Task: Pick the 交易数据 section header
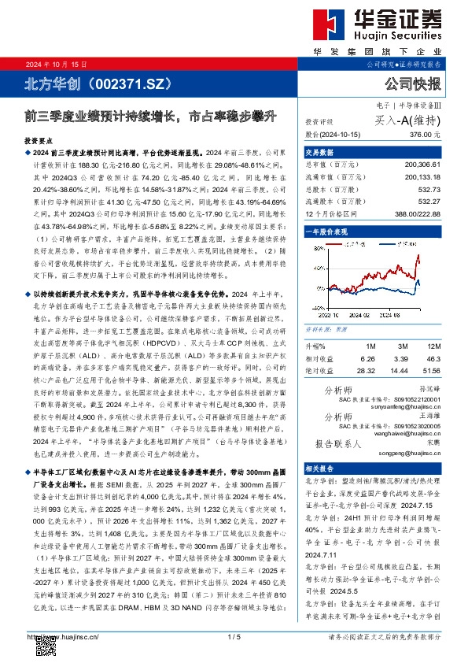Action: (319, 152)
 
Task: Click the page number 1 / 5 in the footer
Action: (234, 636)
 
